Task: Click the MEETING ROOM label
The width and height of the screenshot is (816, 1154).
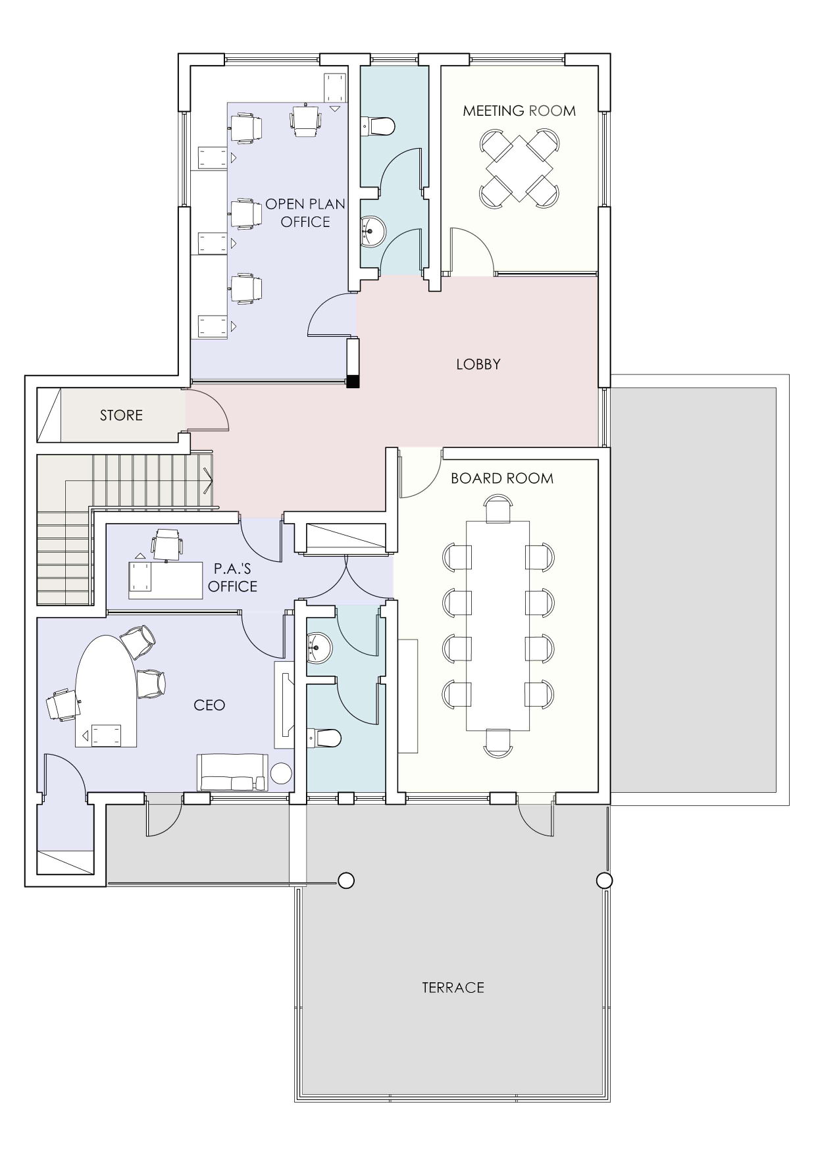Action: (x=519, y=111)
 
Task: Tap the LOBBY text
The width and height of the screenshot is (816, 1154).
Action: (x=478, y=364)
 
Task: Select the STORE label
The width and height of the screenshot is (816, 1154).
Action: (x=121, y=415)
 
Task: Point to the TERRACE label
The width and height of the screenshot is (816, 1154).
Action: (x=453, y=988)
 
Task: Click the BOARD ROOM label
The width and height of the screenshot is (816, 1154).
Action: (x=502, y=478)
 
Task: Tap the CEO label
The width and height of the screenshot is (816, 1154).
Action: (x=209, y=705)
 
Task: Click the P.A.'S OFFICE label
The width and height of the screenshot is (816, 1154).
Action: (x=232, y=577)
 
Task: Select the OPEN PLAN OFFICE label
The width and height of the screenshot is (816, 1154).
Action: (x=305, y=213)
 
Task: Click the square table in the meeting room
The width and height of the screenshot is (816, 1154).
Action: (x=519, y=168)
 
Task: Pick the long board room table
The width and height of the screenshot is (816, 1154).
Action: (x=498, y=626)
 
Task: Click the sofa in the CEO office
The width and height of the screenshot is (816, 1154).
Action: (x=232, y=772)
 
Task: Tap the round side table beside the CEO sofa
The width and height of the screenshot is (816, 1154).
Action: (x=282, y=773)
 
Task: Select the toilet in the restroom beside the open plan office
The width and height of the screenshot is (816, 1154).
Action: (x=378, y=126)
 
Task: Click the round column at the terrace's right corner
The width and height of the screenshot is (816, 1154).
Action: (x=604, y=880)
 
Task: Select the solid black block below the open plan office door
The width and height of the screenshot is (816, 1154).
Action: (x=354, y=381)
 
